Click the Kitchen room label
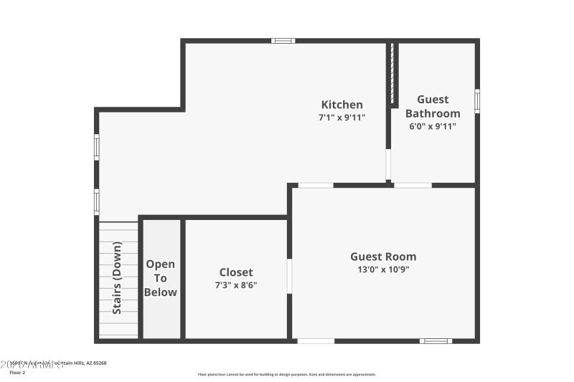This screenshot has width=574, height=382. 342,105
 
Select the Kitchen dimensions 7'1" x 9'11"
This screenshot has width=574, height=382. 342,118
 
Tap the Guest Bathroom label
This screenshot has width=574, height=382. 433,106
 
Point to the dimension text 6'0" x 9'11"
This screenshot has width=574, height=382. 433,126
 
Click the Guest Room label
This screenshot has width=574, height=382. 383,257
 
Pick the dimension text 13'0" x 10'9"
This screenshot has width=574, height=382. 383,269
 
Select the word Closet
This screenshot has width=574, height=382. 236,272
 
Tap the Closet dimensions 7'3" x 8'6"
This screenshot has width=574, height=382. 236,285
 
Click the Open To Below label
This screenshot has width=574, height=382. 161,278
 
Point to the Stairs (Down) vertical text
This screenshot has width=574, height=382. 117,278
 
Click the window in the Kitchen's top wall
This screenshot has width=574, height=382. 283,41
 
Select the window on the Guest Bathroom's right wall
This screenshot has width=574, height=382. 477,101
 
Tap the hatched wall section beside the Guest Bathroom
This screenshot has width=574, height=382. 392,75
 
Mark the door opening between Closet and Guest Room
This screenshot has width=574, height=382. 289,276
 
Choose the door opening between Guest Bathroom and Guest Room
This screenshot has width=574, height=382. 413,185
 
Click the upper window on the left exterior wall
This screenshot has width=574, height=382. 97,146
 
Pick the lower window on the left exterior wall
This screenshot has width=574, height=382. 97,201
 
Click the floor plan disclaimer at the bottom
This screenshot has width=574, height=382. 286,374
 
